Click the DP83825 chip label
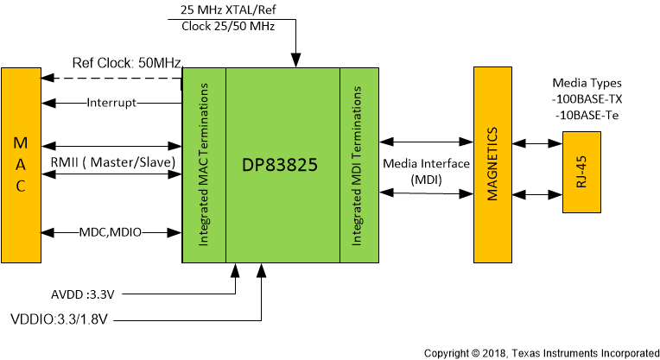[282, 164]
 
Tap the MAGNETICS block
[492, 164]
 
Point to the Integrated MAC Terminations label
[205, 164]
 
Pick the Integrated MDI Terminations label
[358, 164]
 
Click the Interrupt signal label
[111, 104]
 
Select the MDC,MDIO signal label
[111, 232]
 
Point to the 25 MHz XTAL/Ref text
[232, 10]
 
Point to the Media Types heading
[586, 83]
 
